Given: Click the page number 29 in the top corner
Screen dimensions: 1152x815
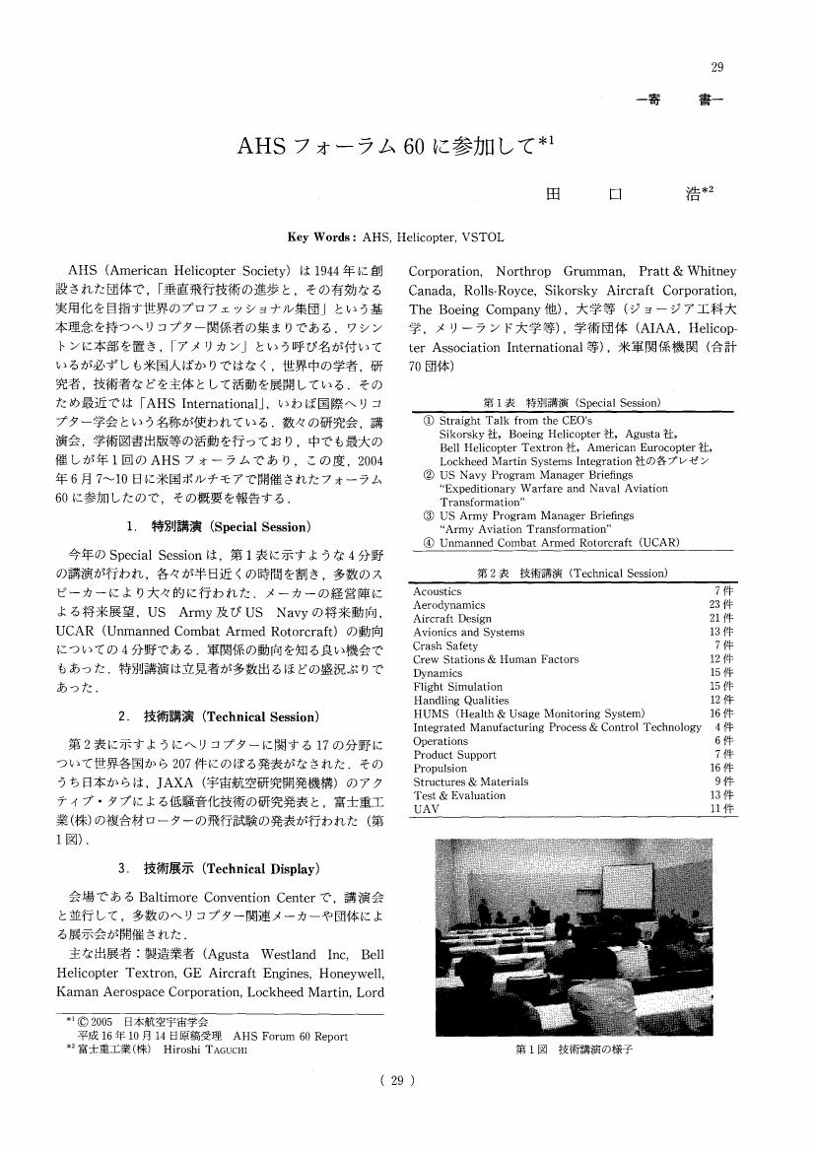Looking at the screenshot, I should tap(716, 67).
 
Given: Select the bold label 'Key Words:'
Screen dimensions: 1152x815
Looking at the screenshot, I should tap(322, 238).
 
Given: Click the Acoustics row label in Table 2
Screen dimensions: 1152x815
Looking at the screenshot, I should tap(437, 591).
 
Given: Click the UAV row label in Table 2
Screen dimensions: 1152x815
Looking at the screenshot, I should tap(425, 809).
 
